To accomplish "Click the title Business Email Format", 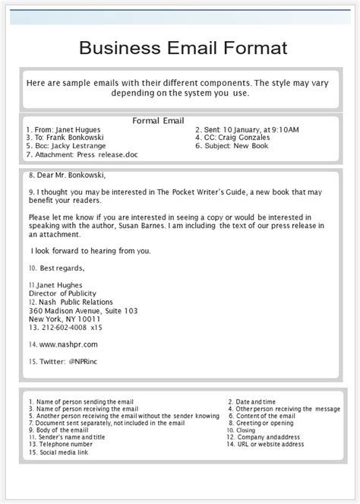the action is pos(183,49).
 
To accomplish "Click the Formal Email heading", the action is pos(158,121).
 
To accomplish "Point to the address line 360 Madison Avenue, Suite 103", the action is pos(83,310).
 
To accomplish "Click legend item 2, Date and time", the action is pos(257,401).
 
